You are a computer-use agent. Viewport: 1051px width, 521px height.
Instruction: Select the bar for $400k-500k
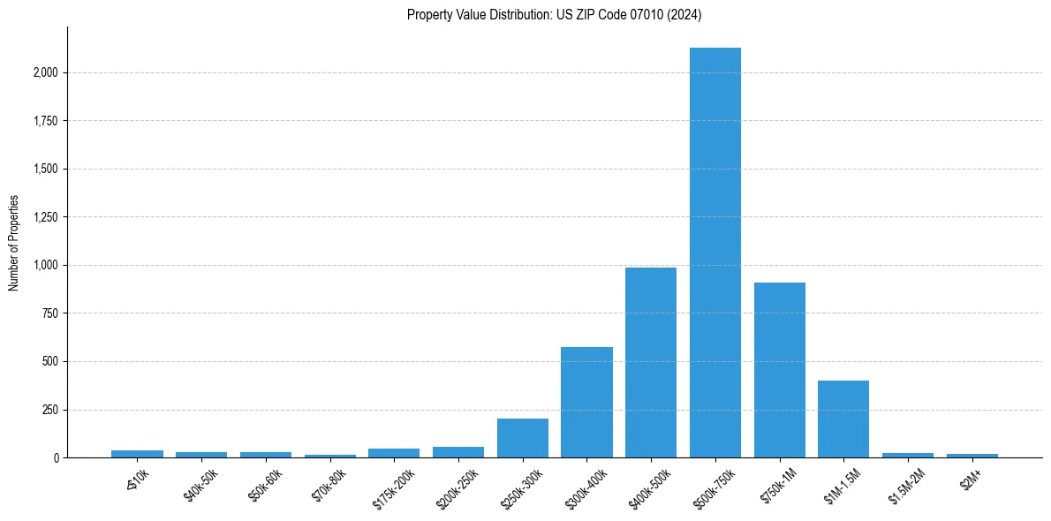click(651, 362)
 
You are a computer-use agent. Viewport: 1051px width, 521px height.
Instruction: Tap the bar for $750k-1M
click(779, 370)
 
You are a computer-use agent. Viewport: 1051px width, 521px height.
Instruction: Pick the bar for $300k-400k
click(586, 403)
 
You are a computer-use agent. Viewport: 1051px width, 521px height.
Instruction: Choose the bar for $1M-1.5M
click(843, 419)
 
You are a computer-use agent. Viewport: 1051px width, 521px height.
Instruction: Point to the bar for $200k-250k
click(458, 452)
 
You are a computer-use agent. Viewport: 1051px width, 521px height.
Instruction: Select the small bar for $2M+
click(972, 456)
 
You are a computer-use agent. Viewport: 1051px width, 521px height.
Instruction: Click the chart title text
click(554, 15)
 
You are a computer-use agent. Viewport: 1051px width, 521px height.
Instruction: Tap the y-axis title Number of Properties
click(14, 243)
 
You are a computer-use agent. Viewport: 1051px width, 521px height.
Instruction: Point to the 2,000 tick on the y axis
click(46, 72)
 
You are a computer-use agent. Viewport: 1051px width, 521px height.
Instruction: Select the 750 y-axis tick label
click(51, 313)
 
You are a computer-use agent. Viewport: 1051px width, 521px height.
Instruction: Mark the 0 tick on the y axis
click(57, 458)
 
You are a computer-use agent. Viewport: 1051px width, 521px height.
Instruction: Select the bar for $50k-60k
click(266, 455)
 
